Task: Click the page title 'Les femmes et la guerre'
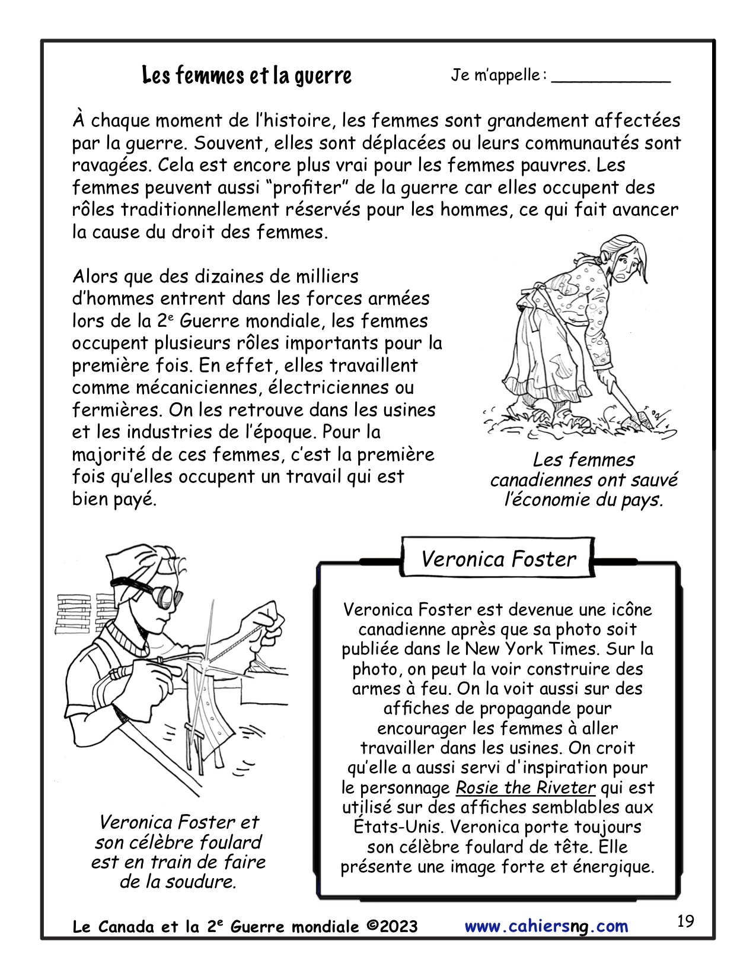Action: (247, 75)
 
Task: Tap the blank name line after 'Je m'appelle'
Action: (610, 80)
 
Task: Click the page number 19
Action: (685, 921)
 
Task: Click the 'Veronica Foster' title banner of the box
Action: (498, 559)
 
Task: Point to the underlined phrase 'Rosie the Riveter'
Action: (525, 787)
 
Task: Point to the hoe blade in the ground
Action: (642, 420)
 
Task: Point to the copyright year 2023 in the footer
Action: (397, 927)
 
